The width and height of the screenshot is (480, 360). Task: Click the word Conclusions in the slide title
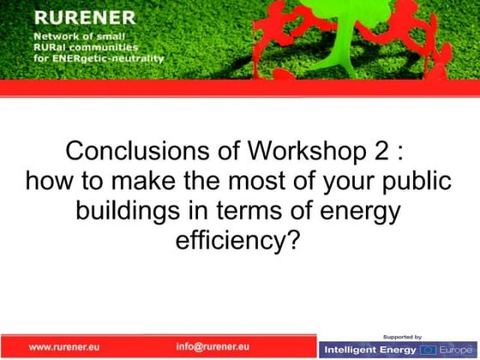click(128, 153)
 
